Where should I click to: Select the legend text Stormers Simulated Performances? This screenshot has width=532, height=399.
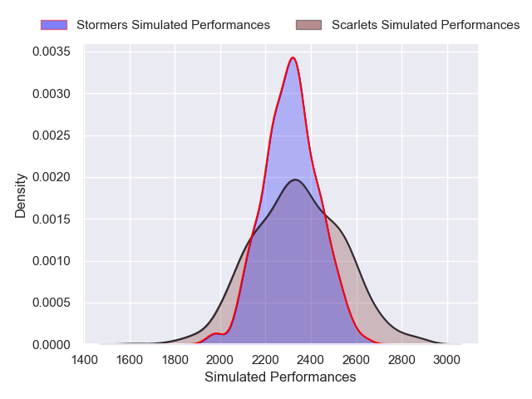[x=173, y=25]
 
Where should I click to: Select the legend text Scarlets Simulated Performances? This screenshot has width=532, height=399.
[x=426, y=25]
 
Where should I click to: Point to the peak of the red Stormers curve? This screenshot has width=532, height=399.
[x=293, y=57]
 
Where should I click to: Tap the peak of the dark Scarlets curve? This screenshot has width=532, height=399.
[x=294, y=180]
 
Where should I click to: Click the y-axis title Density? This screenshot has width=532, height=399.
[x=21, y=195]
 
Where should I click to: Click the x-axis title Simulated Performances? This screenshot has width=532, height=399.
[x=280, y=377]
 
